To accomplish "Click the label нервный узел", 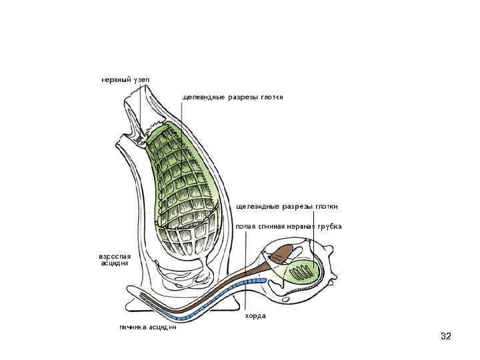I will point(125,79).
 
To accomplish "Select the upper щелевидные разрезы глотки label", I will point(233,97).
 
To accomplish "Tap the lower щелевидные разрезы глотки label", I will point(287,206).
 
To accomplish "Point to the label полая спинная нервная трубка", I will point(289,226).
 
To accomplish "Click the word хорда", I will point(255,315).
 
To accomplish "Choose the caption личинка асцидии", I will point(147,327).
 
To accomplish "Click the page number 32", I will point(446,336).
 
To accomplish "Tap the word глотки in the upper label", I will point(271,97).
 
